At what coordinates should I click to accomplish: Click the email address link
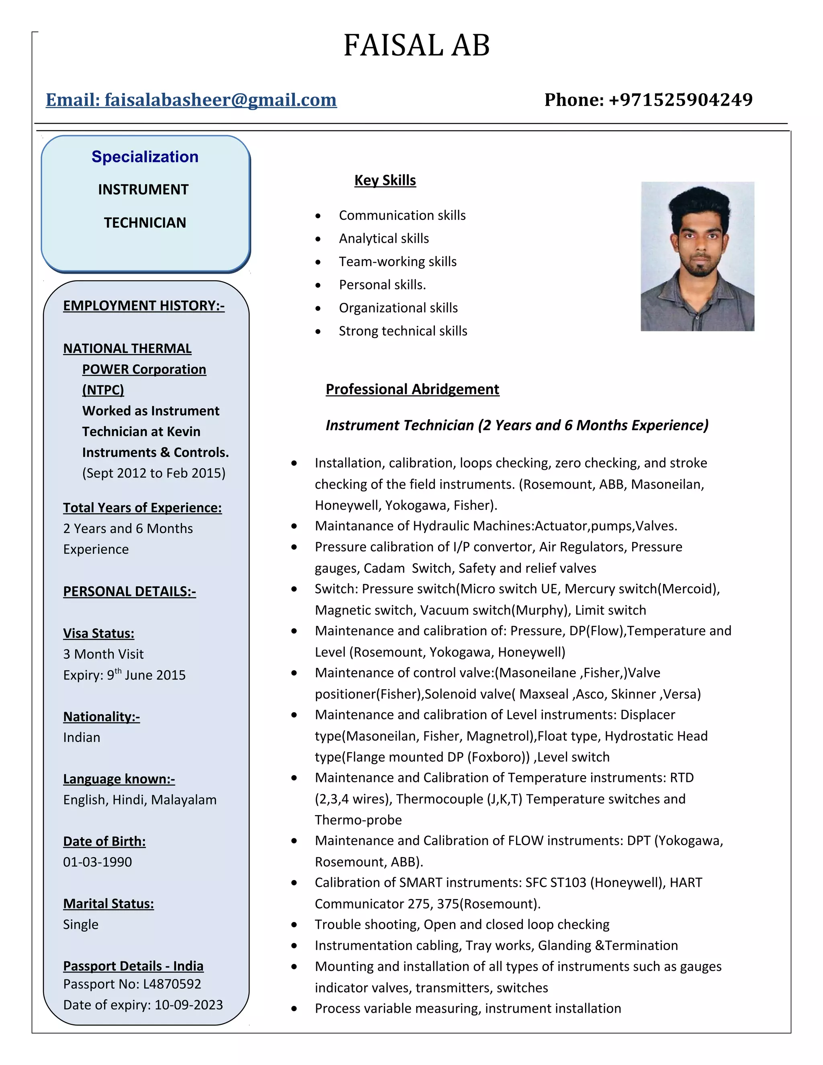click(191, 100)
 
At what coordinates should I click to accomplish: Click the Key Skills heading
click(385, 180)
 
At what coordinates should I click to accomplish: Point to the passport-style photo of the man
click(697, 256)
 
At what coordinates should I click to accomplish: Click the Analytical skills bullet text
click(384, 238)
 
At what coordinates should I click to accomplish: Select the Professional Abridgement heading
click(412, 389)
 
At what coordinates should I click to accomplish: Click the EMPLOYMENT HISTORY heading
click(143, 305)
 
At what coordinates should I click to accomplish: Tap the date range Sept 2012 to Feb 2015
click(154, 473)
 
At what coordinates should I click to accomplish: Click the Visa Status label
click(98, 633)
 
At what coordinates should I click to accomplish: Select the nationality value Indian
click(82, 737)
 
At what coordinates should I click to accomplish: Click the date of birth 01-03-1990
click(98, 862)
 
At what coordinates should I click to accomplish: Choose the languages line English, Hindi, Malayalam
click(139, 800)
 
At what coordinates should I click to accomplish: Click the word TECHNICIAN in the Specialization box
click(145, 223)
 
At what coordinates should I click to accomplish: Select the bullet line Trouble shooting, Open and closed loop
click(462, 925)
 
